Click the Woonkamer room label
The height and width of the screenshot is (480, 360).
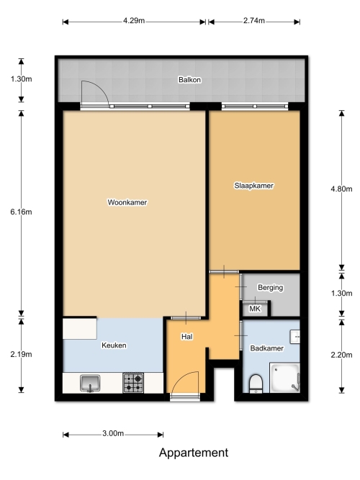pyautogui.click(x=127, y=202)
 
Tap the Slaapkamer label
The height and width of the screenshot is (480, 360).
pyautogui.click(x=253, y=186)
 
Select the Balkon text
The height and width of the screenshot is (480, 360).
pyautogui.click(x=189, y=80)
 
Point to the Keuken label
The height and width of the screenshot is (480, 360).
pyautogui.click(x=114, y=345)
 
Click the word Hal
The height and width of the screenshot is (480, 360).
pyautogui.click(x=187, y=337)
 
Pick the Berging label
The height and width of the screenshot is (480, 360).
pyautogui.click(x=270, y=287)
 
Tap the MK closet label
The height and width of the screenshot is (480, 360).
pyautogui.click(x=255, y=309)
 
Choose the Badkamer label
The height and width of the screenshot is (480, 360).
pyautogui.click(x=266, y=348)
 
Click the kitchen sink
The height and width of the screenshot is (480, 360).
pyautogui.click(x=90, y=384)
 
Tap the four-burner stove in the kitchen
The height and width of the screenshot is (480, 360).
pyautogui.click(x=133, y=383)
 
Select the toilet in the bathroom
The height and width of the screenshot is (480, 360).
pyautogui.click(x=256, y=384)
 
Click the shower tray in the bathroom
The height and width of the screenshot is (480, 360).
pyautogui.click(x=284, y=378)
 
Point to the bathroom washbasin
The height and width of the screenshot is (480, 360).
pyautogui.click(x=294, y=337)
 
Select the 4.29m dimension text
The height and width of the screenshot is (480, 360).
pyautogui.click(x=134, y=21)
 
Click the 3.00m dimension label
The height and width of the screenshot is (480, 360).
pyautogui.click(x=113, y=433)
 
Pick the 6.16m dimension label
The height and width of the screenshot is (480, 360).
pyautogui.click(x=21, y=212)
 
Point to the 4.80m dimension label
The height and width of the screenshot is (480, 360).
pyautogui.click(x=341, y=189)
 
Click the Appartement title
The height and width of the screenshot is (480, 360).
pyautogui.click(x=194, y=453)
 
